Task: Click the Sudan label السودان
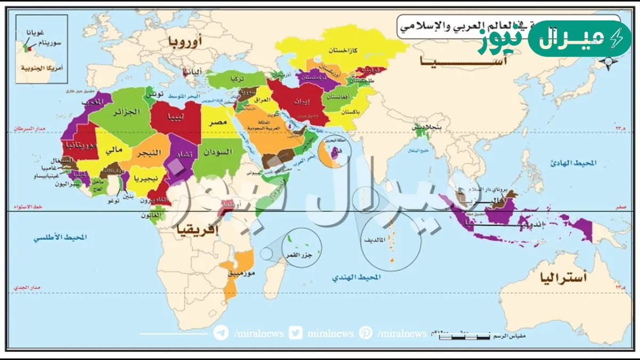click(x=217, y=152)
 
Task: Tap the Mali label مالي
click(x=114, y=150)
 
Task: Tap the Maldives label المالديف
click(x=375, y=240)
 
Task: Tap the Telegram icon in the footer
click(x=221, y=333)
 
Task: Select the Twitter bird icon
click(x=295, y=333)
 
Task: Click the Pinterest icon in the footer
click(x=365, y=333)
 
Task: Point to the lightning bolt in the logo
click(x=617, y=39)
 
